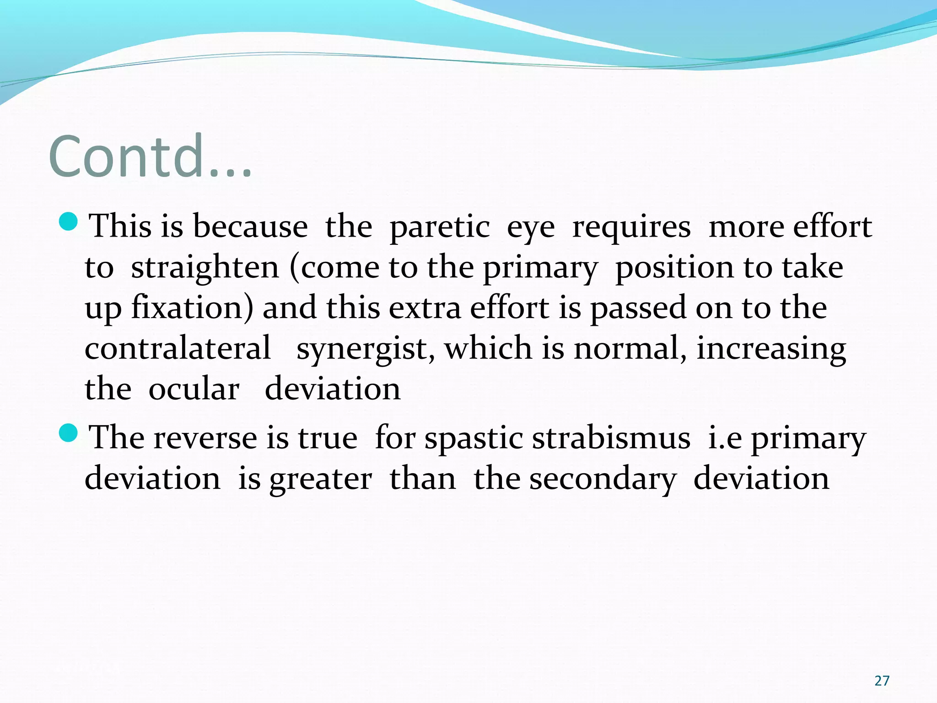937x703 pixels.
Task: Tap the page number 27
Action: [x=882, y=681]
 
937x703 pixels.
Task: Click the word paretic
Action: [x=439, y=227]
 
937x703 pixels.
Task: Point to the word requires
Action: [x=631, y=227]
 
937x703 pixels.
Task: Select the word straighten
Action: [x=205, y=268]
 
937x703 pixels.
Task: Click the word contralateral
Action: [x=178, y=348]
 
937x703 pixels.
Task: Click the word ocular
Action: [x=194, y=389]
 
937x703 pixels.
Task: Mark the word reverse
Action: [x=205, y=438]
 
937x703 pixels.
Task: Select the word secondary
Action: [x=602, y=479]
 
